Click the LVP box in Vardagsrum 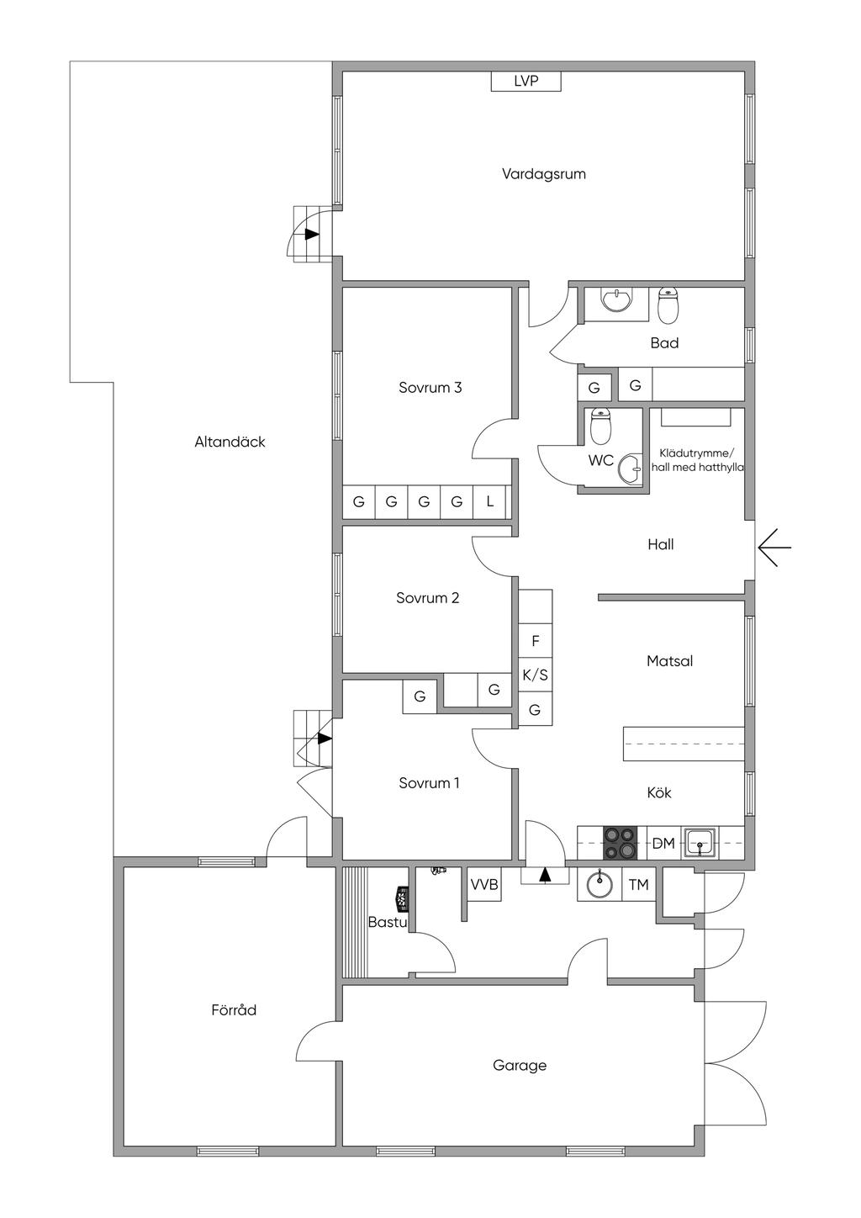pos(526,81)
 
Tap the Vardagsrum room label pos(543,175)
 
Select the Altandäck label pos(230,442)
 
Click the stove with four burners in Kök pos(620,843)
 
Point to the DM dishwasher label pos(663,844)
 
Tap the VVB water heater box pos(483,885)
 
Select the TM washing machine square pos(639,885)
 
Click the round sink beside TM pos(600,884)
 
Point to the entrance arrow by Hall pos(774,547)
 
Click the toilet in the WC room pos(600,426)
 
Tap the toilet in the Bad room pos(668,305)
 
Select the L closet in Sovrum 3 pos(489,500)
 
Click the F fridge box pos(536,640)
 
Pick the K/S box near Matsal pos(536,675)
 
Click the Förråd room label pos(234,1009)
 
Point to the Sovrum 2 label pos(428,598)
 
